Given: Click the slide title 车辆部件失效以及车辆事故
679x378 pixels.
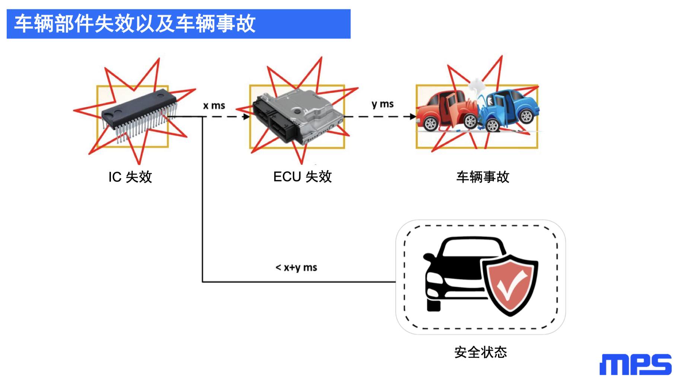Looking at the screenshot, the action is point(135,24).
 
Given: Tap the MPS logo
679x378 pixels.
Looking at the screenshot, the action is point(635,364).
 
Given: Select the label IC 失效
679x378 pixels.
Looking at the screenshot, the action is point(130,177).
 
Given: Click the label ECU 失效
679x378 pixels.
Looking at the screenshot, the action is point(302,177).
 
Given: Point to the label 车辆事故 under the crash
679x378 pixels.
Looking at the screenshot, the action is point(482,177).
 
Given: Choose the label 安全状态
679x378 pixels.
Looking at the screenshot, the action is point(481,352).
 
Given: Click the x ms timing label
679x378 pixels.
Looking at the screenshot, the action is point(214,106).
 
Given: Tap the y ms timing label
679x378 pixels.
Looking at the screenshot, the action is point(383,105).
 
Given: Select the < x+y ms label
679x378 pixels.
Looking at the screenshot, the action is point(296,268).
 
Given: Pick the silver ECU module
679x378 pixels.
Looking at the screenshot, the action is point(298,117).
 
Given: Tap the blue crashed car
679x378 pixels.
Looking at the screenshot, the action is point(509,110).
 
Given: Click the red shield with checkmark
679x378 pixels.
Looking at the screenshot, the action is point(510,285).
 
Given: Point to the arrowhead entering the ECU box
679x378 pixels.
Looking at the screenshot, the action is point(246,117).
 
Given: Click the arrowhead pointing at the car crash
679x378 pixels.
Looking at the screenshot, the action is point(412,116).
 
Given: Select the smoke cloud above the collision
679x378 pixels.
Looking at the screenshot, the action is point(476,88).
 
